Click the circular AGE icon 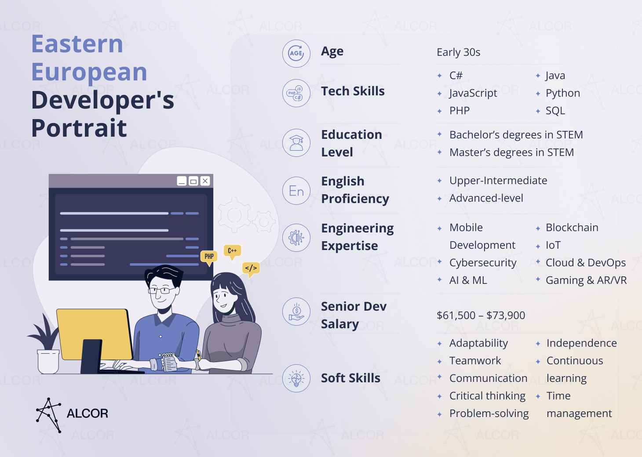point(296,54)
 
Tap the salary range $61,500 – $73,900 point(481,316)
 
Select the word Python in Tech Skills point(562,93)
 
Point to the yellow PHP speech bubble point(209,256)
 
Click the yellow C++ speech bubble point(232,251)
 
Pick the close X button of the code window point(205,181)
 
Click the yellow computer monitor point(95,334)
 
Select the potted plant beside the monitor point(47,347)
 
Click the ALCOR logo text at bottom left point(87,413)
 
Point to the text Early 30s point(458,52)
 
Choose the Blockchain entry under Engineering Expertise point(572,228)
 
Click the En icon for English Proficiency point(296,191)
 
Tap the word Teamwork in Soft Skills point(475,361)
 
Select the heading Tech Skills point(353,91)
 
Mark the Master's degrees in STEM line point(511,152)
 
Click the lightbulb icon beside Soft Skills point(296,378)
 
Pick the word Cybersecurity point(483,263)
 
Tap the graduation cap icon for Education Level point(296,143)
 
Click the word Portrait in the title point(79,128)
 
